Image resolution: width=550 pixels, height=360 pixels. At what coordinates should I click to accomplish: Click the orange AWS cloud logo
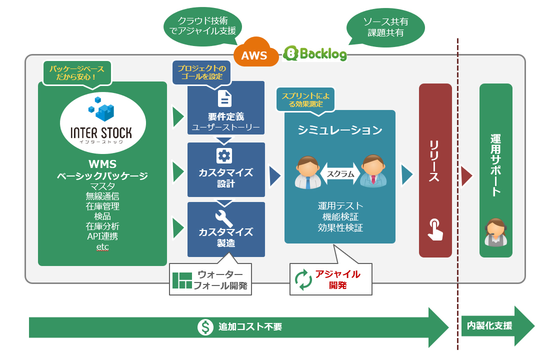pos(254,52)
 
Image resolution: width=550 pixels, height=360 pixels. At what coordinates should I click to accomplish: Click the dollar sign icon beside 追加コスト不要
pos(205,327)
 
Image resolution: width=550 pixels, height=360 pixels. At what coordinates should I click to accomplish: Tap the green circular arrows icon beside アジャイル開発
pos(303,279)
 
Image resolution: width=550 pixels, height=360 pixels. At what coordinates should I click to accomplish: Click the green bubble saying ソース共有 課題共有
pos(385,27)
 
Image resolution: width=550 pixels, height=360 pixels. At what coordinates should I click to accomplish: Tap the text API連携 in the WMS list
pos(102,236)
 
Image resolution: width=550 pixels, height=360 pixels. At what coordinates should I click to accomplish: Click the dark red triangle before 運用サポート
pos(467,175)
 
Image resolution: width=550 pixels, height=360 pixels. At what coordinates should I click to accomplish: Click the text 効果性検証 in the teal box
pos(340,227)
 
